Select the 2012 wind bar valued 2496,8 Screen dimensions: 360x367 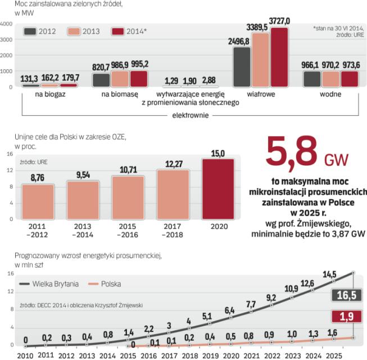coord(242,67)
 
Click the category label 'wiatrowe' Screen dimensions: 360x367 coord(261,94)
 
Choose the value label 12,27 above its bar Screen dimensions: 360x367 coord(174,164)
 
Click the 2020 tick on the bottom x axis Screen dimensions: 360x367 coord(229,355)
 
